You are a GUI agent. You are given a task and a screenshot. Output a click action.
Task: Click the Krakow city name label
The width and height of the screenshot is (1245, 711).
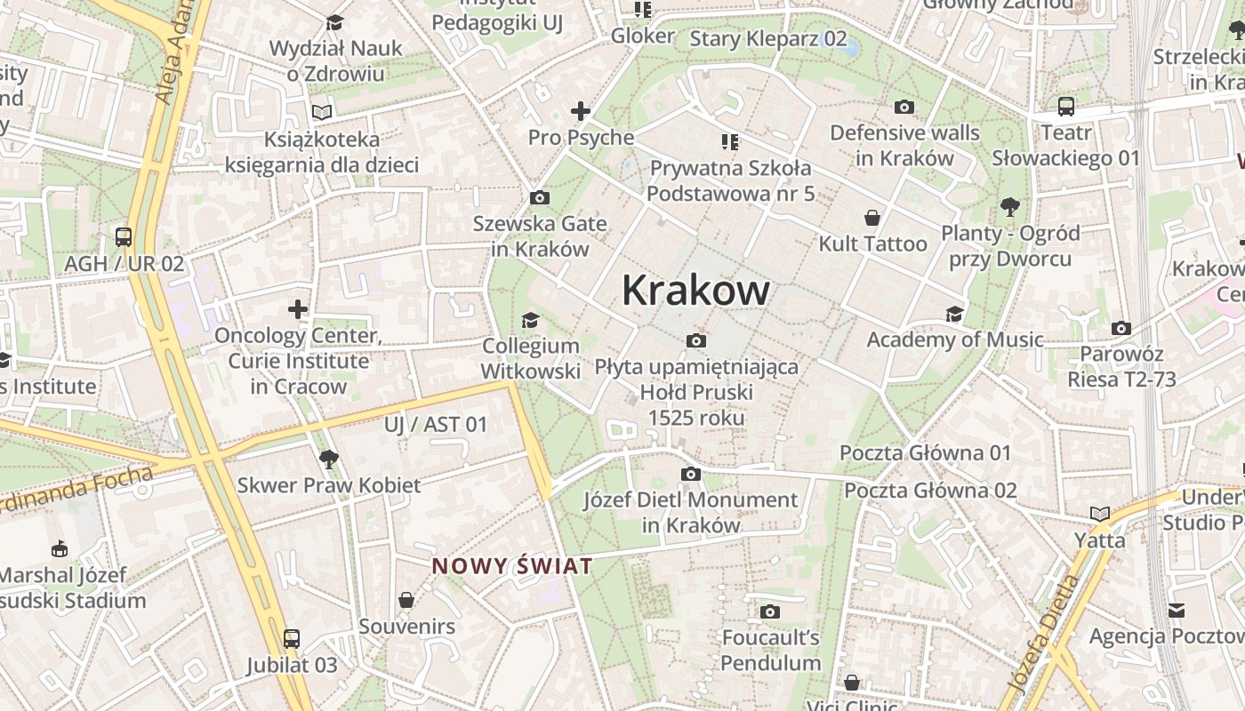point(695,291)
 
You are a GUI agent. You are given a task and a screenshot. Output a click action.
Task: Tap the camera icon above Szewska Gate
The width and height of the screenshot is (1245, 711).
point(539,197)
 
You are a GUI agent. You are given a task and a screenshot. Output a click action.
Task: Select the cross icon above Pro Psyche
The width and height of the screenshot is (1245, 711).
point(581,111)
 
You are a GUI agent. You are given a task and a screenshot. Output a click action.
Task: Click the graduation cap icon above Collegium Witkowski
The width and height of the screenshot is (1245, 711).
point(530,320)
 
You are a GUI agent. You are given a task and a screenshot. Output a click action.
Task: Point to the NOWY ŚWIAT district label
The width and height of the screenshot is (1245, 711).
point(512,566)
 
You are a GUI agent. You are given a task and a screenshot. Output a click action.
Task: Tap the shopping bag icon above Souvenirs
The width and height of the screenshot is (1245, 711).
point(406,600)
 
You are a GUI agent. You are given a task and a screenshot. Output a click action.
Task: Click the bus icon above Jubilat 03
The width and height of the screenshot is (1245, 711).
point(292,638)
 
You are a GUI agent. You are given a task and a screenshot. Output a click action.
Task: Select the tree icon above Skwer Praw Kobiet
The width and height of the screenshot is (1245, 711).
point(329,459)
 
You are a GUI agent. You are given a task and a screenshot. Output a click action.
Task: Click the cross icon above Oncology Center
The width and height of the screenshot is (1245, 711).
point(298,309)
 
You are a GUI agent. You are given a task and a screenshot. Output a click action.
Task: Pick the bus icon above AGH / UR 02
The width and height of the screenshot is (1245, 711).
point(124,237)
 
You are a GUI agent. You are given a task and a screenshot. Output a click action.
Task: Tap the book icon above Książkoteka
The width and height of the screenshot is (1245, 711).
point(322,113)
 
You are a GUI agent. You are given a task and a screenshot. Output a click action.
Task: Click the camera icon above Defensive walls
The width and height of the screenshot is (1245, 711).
point(904,107)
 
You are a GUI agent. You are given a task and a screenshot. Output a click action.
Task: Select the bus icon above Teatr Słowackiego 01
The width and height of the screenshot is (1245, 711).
point(1065,107)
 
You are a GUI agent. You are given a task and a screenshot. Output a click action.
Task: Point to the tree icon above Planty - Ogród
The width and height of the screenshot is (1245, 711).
point(1009,207)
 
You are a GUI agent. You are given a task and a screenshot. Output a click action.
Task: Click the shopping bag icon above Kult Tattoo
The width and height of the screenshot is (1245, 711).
point(872,217)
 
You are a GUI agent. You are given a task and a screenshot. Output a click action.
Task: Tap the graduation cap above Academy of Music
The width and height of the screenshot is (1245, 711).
point(954,314)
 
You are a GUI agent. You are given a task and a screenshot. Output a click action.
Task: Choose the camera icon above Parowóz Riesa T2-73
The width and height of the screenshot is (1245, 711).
point(1121,328)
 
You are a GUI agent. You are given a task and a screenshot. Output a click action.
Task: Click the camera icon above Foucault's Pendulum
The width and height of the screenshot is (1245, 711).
point(770,611)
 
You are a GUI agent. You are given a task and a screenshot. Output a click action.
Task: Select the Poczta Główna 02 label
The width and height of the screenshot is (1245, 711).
point(930,490)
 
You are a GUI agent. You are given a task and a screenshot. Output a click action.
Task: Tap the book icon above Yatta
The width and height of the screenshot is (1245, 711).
point(1100,514)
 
